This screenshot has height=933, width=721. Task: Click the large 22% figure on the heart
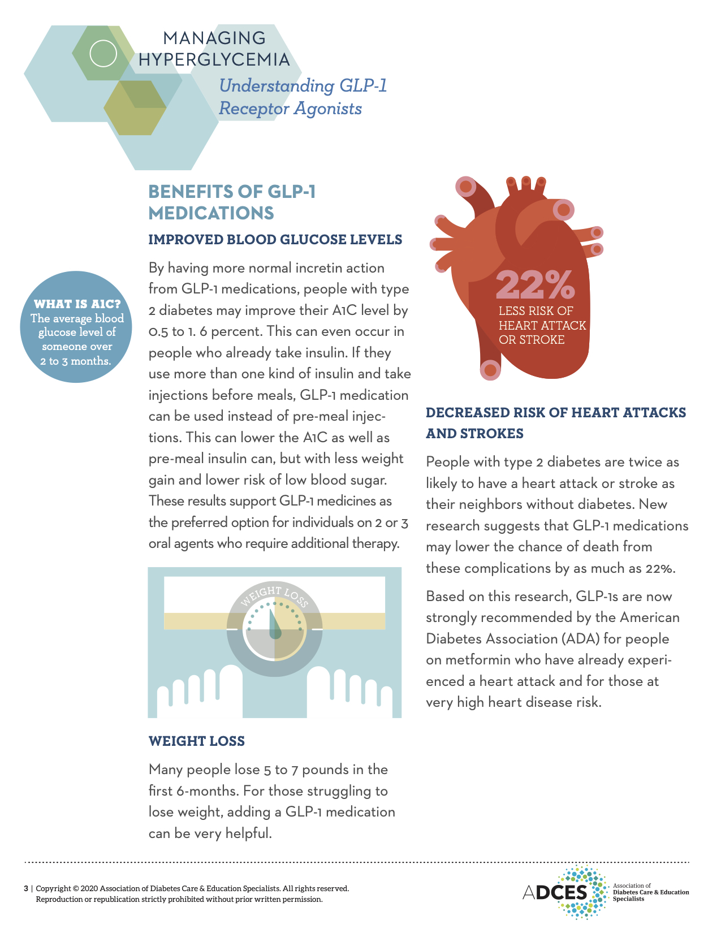coord(535,284)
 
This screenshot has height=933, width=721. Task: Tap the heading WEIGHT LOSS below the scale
coord(196,741)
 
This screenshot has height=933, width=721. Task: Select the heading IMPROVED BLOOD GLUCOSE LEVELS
coord(275,239)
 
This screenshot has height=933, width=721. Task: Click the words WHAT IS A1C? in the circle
coord(77,304)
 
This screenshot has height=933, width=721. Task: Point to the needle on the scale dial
coord(274,625)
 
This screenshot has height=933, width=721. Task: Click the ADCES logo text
coord(556,892)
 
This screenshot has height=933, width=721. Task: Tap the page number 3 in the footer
coord(26,888)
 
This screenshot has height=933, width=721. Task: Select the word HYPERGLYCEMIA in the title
coord(214,59)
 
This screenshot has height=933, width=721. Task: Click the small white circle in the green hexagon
coord(103,54)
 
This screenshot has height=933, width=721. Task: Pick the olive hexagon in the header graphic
coord(135,107)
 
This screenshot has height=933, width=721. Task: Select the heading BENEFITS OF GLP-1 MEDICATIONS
coord(232,202)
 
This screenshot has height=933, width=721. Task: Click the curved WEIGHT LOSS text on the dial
coord(275,597)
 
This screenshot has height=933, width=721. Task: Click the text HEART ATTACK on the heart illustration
coord(542,325)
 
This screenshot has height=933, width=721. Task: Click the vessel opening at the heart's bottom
coord(490,370)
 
